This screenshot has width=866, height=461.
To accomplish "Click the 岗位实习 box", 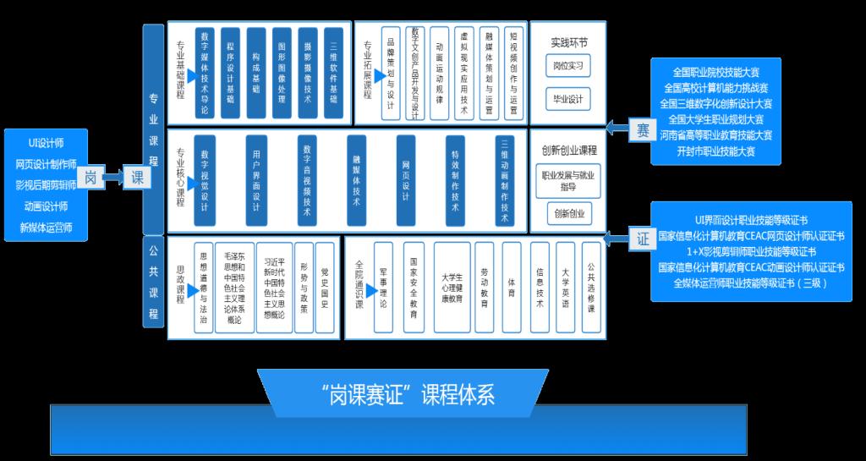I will (x=566, y=66).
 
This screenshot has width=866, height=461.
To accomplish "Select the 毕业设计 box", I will (x=566, y=99).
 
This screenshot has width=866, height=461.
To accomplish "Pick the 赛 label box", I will (x=641, y=129).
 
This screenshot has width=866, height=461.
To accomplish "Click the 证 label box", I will (x=641, y=239).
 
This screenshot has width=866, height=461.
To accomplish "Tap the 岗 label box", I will (x=92, y=178).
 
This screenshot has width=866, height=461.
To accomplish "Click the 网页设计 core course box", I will (x=407, y=179).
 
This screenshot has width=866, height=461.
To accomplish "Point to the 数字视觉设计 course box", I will (x=205, y=179).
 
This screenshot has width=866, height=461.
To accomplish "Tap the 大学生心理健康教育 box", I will (x=452, y=288).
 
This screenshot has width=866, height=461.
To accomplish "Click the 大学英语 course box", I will (x=566, y=288).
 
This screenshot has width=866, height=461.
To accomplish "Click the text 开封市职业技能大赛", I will (x=715, y=151).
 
